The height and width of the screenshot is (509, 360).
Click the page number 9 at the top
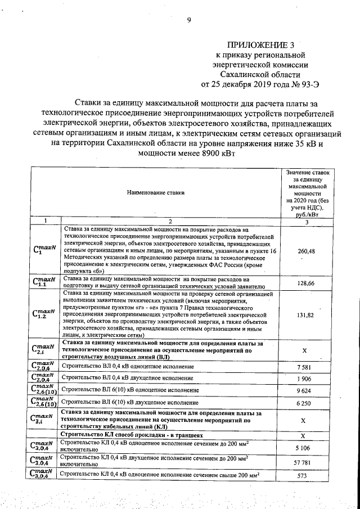point(189,21)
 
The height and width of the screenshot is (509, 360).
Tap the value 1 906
point(304,379)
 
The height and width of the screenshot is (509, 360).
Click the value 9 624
point(304,390)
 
